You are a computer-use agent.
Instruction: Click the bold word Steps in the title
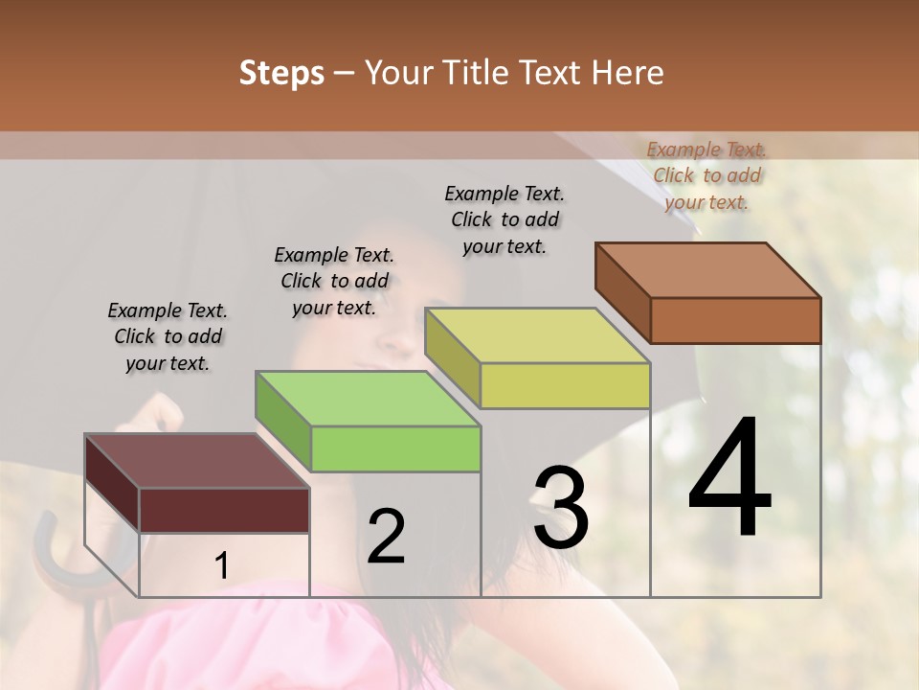281,73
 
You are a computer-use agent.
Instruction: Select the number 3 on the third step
561,509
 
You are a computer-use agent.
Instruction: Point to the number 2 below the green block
387,537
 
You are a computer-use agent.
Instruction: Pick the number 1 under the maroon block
221,566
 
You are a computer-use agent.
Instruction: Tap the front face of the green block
395,448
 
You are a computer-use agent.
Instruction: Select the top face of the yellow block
536,335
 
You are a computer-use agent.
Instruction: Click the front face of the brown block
735,320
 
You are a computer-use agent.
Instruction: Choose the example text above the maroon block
168,336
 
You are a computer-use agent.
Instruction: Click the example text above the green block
334,281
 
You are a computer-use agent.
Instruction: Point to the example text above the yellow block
504,219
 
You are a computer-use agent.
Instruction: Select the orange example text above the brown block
706,175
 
